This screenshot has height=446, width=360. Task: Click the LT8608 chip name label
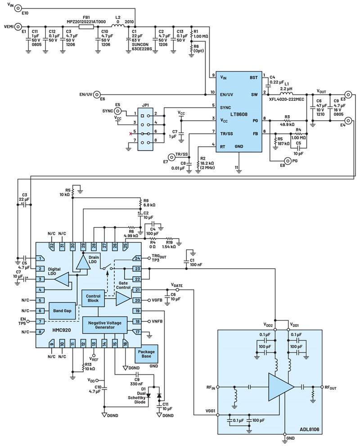(239, 114)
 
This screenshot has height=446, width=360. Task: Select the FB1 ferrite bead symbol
(86, 27)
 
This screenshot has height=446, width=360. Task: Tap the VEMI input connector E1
(18, 27)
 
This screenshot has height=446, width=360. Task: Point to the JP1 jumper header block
(145, 129)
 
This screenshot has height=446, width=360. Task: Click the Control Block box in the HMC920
(93, 298)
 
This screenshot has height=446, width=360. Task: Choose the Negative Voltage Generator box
(105, 325)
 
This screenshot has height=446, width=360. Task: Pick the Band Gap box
(62, 311)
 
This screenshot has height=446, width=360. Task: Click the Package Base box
(146, 354)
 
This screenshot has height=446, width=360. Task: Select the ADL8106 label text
(310, 429)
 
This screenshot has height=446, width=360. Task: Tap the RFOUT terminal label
(330, 387)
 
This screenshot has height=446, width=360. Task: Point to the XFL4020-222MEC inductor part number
(286, 99)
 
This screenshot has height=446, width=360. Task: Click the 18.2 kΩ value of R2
(207, 163)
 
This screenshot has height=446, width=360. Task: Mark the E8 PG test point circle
(287, 161)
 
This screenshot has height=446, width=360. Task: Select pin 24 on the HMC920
(137, 258)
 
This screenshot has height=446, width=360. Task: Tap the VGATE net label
(177, 285)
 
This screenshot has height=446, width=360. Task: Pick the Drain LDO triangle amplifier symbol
(83, 262)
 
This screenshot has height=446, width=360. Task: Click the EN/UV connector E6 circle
(97, 95)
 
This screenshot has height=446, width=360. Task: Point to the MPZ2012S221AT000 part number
(86, 22)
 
